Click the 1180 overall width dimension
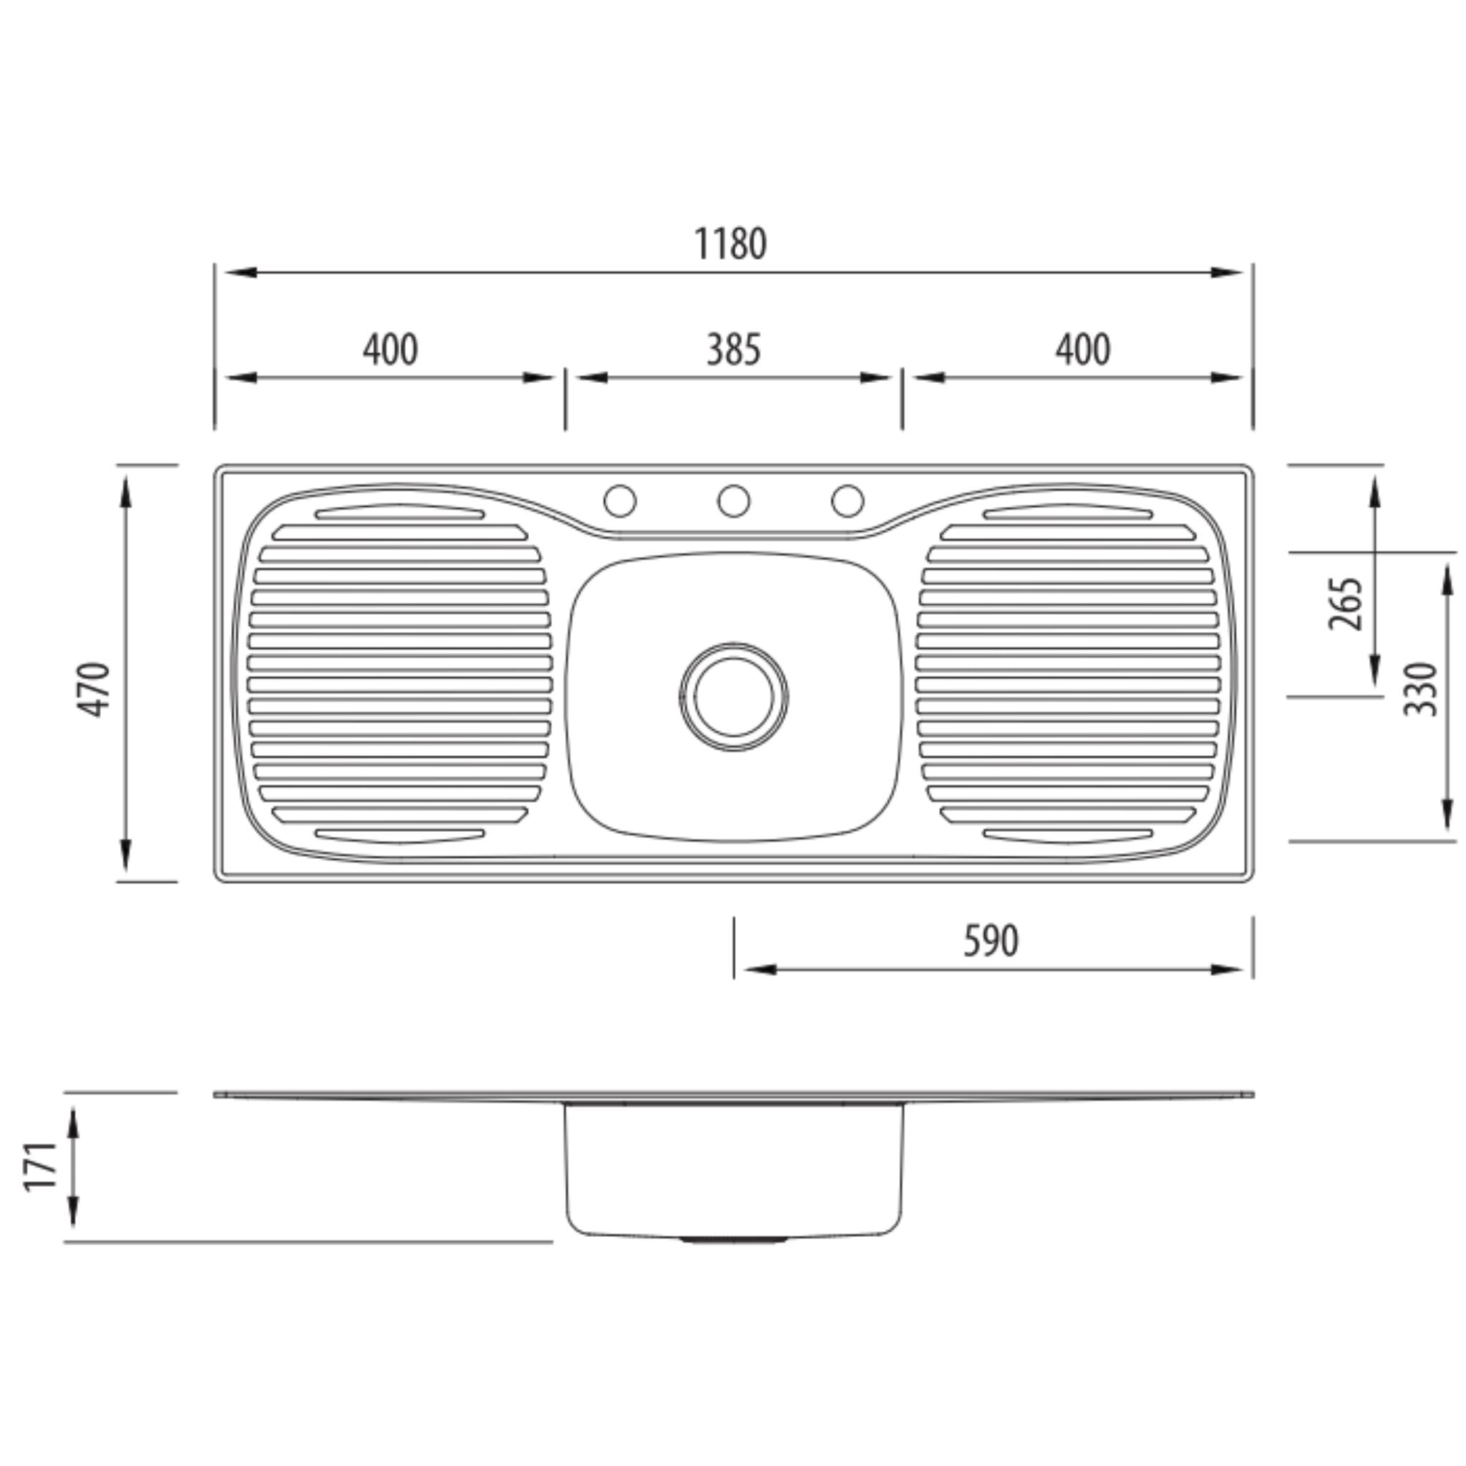[x=730, y=244]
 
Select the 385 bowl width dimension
[x=733, y=351]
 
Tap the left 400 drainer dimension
[x=390, y=351]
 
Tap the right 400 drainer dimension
[x=1083, y=351]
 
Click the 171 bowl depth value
[x=40, y=1166]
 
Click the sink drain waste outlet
[x=733, y=696]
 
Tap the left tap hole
[x=619, y=501]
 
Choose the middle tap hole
[x=733, y=501]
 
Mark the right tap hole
[x=847, y=501]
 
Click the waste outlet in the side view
[x=733, y=1240]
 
